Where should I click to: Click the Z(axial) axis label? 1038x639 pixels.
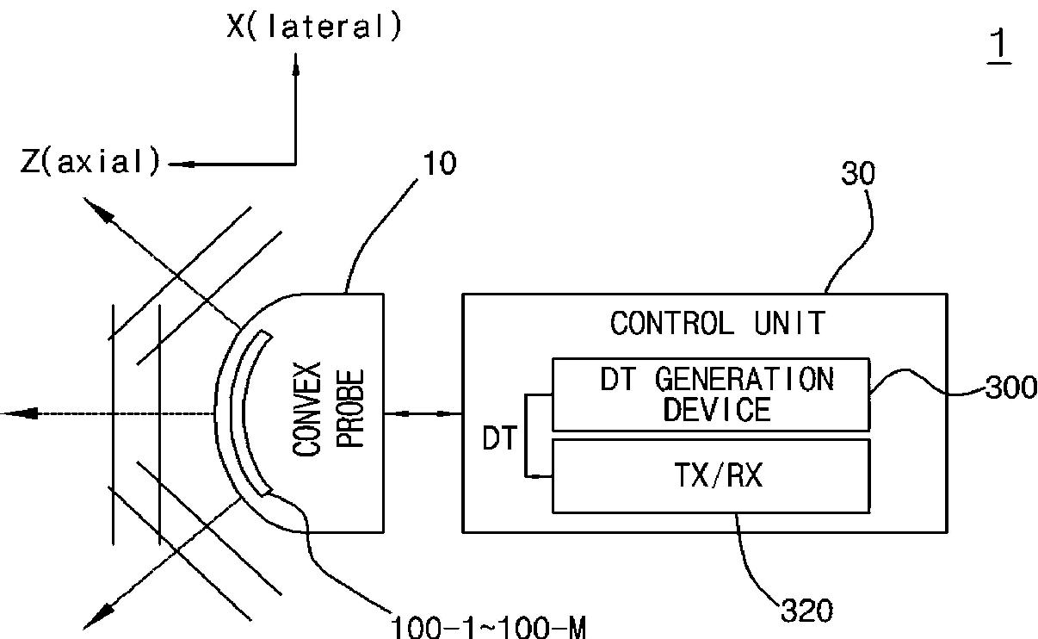click(91, 162)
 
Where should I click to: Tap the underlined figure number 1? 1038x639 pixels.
click(999, 47)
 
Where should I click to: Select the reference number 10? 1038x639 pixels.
click(440, 164)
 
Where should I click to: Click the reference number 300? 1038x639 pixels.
click(1010, 388)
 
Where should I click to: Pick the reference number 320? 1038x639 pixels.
click(806, 611)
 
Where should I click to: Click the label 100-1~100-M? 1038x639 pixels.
click(488, 627)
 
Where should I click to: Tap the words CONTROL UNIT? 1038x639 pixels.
click(717, 324)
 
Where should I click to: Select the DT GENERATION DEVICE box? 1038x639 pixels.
click(710, 394)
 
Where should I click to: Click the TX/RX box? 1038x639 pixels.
click(710, 475)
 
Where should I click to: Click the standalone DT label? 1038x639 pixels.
click(498, 440)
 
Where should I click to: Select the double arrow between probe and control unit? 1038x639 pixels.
click(423, 414)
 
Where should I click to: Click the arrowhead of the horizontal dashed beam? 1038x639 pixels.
click(17, 414)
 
